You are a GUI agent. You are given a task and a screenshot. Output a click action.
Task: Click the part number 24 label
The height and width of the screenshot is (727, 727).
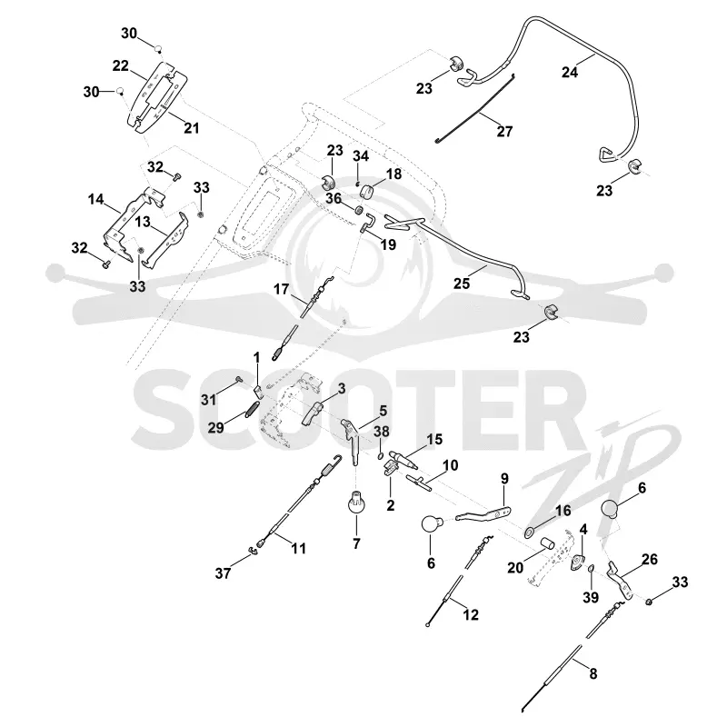click(x=570, y=73)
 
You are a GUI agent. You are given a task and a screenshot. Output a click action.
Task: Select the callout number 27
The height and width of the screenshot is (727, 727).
click(x=505, y=132)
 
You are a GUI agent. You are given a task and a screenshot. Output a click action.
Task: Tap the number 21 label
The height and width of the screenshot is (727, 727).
click(x=192, y=128)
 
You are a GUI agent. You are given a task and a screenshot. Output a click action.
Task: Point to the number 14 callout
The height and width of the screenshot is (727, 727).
click(x=96, y=199)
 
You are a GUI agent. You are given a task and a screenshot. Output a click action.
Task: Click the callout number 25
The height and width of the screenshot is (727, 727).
click(x=462, y=284)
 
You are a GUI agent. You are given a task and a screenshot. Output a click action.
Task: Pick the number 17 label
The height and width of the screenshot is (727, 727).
click(x=281, y=289)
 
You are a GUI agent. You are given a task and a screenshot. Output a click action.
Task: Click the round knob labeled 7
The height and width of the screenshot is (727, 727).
click(x=356, y=504)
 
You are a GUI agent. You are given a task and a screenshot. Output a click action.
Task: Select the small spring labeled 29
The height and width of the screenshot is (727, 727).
click(x=253, y=409)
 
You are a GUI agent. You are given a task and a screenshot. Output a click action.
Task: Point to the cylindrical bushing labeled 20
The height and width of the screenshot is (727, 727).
click(x=548, y=543)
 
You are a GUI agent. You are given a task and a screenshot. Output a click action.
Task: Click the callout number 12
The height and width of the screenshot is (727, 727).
click(x=471, y=615)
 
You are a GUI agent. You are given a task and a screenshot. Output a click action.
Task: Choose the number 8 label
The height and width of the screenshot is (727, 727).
click(x=593, y=673)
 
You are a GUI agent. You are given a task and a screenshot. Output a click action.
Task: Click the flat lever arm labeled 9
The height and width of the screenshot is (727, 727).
click(x=484, y=514)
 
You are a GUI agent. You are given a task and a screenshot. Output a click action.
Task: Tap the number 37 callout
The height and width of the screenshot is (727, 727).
click(x=223, y=573)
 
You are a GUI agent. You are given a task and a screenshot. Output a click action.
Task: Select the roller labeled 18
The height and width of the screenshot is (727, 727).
click(x=367, y=191)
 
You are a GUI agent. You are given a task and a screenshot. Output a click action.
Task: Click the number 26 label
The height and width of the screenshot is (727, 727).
click(x=650, y=559)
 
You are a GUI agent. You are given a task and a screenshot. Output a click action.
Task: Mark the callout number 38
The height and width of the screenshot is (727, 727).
click(x=382, y=431)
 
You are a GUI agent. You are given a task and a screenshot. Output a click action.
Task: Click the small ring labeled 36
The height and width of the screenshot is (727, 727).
click(x=358, y=211)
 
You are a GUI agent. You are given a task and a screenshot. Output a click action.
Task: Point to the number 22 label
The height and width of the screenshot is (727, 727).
click(x=121, y=65)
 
